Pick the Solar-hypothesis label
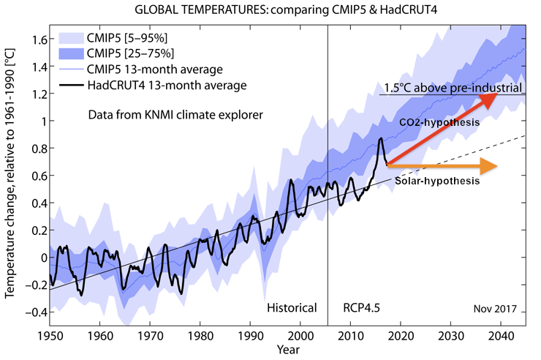[436, 181]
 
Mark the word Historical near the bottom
[292, 307]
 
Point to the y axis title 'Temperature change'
[10, 176]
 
